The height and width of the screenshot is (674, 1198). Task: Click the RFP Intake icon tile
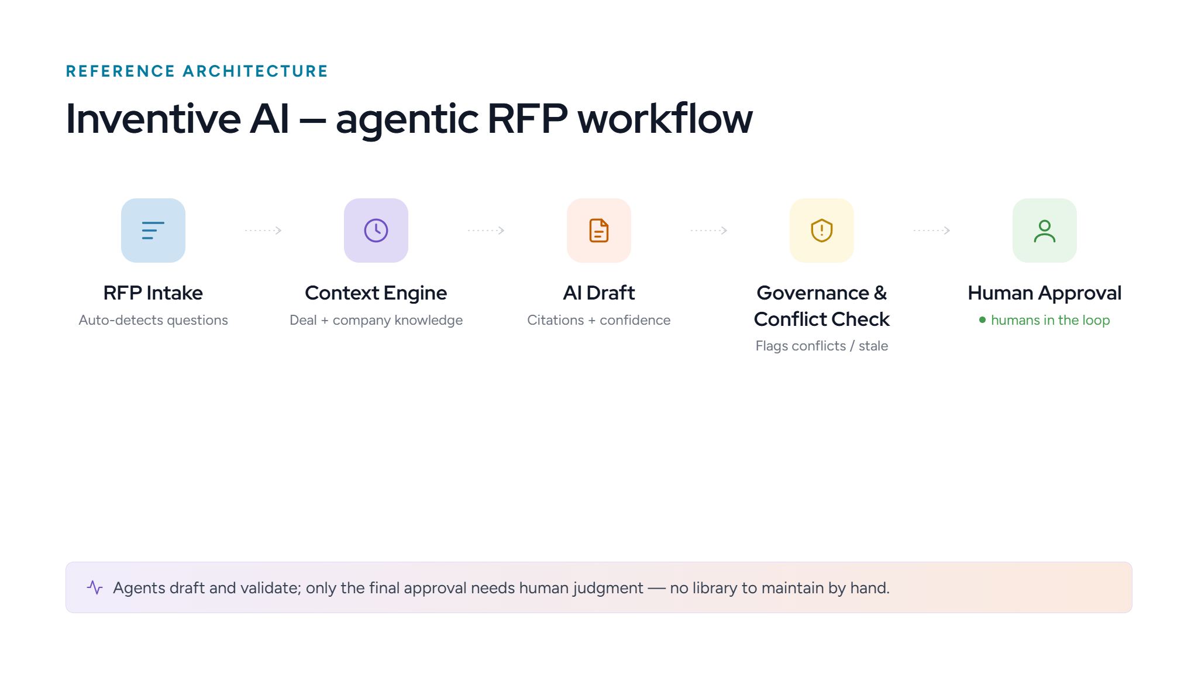(153, 231)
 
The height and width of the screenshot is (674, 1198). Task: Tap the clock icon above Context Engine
(376, 231)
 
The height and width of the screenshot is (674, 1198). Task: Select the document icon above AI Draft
(599, 231)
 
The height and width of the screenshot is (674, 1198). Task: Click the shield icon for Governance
(822, 231)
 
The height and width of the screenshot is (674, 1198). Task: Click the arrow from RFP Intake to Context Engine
(263, 231)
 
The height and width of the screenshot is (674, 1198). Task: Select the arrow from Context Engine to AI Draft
(486, 231)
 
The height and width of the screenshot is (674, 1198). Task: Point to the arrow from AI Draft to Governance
(709, 231)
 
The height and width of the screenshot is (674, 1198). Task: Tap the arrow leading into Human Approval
(932, 231)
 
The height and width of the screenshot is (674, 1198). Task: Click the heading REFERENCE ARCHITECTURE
(197, 71)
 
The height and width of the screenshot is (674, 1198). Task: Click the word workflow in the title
(665, 119)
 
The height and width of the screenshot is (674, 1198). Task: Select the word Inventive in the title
(153, 119)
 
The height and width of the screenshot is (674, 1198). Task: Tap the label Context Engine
(376, 293)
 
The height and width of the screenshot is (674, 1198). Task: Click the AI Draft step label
(599, 293)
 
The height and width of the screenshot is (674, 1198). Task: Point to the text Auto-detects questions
(153, 320)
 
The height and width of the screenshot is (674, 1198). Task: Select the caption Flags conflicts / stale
(822, 346)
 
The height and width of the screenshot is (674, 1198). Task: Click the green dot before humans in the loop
(983, 319)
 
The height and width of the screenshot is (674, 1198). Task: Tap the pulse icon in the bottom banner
(95, 587)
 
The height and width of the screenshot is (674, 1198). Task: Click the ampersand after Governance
(880, 293)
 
